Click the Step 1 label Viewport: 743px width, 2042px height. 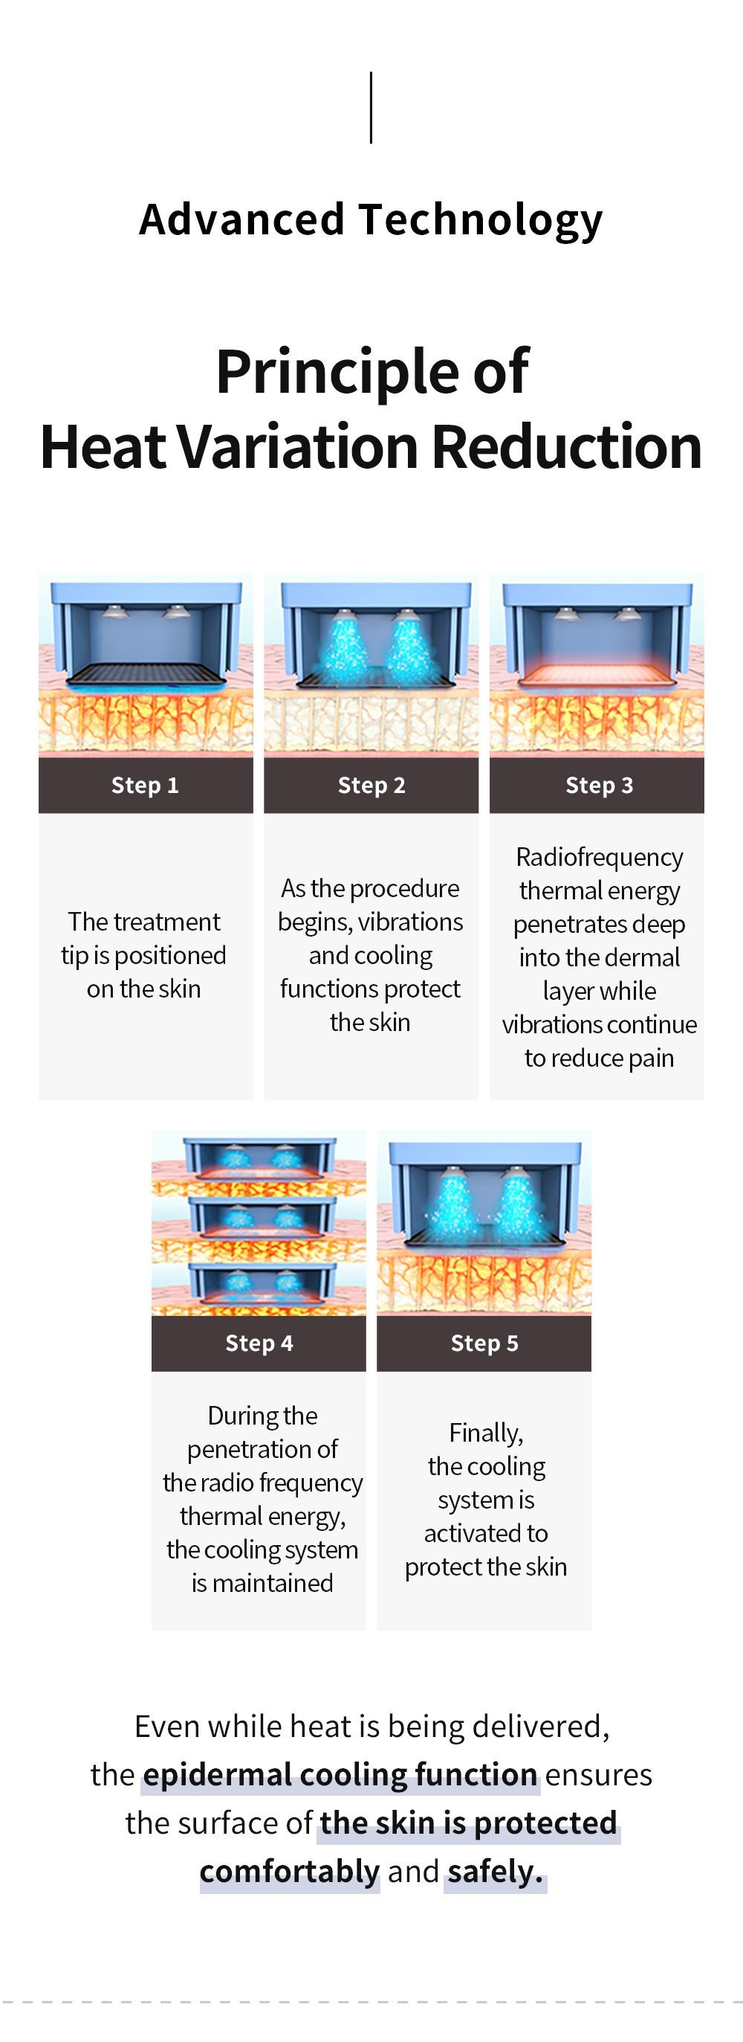145,785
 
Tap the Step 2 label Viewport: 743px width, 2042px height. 371,785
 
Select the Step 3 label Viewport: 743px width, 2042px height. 599,785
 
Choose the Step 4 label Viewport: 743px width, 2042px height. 259,1343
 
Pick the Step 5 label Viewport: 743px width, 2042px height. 484,1343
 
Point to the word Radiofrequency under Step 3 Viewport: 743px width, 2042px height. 600,858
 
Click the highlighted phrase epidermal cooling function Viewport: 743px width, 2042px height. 340,1774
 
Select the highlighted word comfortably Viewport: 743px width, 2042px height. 290,1871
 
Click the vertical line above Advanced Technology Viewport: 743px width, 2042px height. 371,108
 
